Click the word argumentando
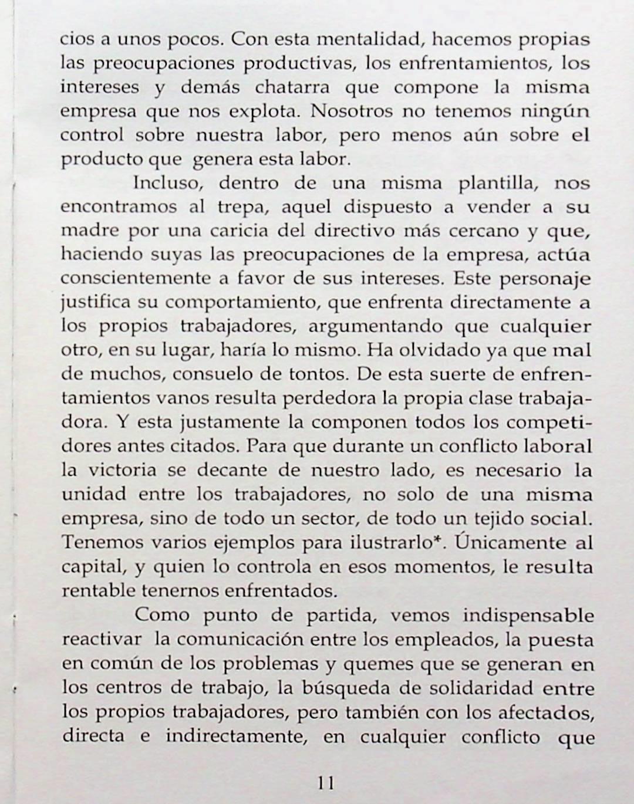click(x=375, y=327)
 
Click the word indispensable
click(x=528, y=616)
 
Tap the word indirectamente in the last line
click(x=237, y=736)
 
